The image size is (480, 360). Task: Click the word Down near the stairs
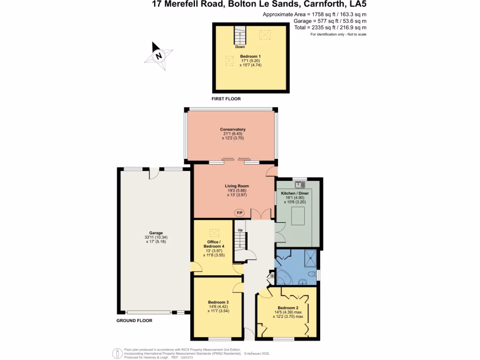(240, 47)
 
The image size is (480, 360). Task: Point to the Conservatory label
(233, 129)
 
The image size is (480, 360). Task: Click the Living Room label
(237, 186)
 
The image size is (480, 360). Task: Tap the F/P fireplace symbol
(240, 213)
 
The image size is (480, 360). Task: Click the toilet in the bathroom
(311, 275)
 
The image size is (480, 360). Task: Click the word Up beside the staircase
(240, 231)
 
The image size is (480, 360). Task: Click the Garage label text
(156, 233)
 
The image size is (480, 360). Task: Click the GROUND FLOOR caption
(135, 321)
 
